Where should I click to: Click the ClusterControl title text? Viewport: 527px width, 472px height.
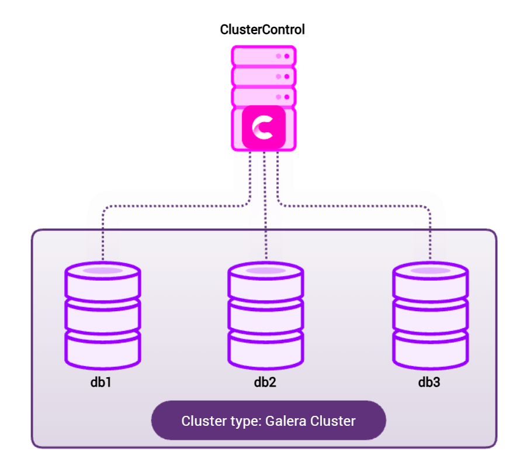click(x=262, y=29)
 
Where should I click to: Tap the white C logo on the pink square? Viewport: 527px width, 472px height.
click(x=263, y=128)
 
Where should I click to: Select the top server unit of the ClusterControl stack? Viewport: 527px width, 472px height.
click(x=263, y=56)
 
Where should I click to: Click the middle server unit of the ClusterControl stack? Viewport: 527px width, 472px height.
click(x=263, y=76)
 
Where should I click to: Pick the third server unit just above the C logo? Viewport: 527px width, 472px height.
click(x=263, y=96)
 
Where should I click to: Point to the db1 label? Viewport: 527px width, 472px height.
click(x=102, y=383)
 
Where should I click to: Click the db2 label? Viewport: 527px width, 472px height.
click(x=265, y=383)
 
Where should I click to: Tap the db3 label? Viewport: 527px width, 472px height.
click(x=429, y=383)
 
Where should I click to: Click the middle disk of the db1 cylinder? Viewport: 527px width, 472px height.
click(x=102, y=316)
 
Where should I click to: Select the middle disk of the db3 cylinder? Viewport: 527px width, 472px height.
click(x=429, y=316)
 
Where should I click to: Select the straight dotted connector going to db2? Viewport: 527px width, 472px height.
click(x=265, y=205)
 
